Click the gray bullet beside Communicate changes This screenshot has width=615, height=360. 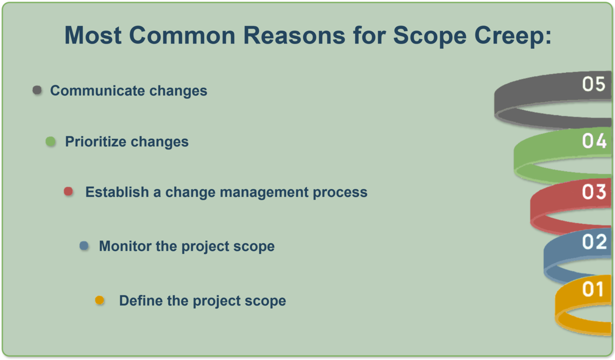pos(37,90)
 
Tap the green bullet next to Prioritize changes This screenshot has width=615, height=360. pos(51,142)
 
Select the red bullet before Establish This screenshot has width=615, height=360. pos(68,191)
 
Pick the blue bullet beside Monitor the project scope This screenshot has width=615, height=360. pos(84,245)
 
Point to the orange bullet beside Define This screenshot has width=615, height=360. pos(100,300)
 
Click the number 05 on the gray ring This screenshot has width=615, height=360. pos(594,84)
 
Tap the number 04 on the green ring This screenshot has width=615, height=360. pos(594,141)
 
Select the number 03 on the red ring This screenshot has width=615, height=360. pos(594,191)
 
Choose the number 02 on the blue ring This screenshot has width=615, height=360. pos(594,242)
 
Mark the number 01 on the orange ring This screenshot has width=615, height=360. pos(593,289)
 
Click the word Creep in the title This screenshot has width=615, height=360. pos(513,36)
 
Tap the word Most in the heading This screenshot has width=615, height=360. pos(93,35)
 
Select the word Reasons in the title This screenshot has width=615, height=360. pos(294,35)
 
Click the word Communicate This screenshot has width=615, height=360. pos(98,90)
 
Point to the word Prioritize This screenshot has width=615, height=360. pos(96,142)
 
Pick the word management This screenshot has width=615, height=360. pos(264,192)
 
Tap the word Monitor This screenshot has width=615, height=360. pos(124,246)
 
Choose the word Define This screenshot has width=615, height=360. pos(140,300)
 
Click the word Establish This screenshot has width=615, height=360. pos(117,192)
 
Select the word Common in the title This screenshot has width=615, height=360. pos(182,35)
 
